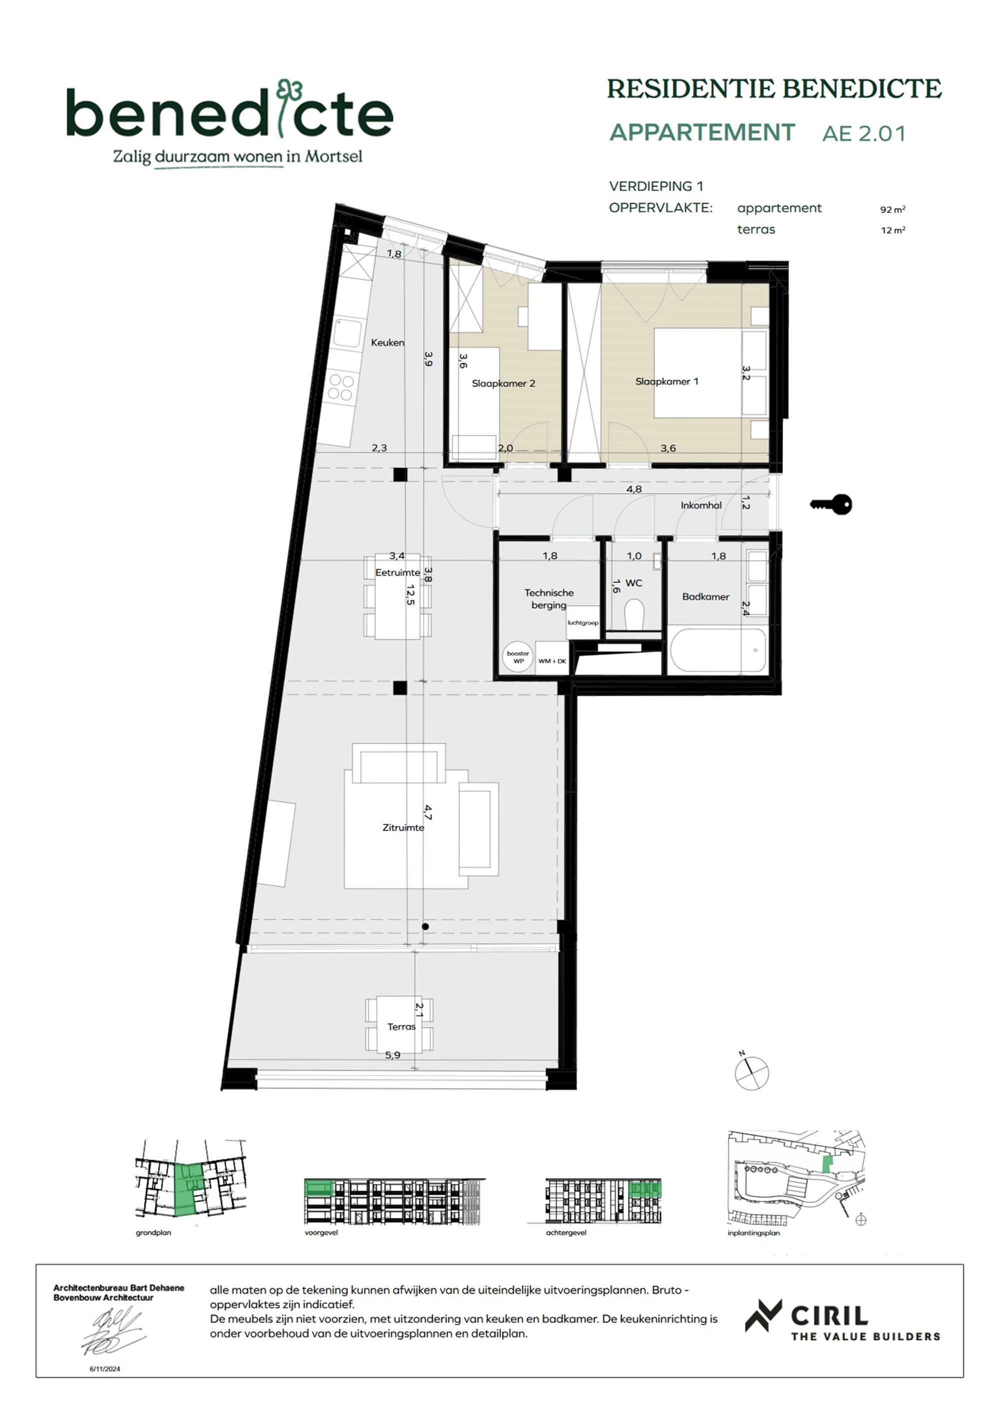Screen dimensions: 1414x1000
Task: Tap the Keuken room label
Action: coord(387,343)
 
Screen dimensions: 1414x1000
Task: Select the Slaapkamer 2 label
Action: coord(503,383)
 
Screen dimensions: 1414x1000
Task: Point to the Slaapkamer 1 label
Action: coord(667,381)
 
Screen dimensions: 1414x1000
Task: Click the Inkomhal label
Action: coord(700,505)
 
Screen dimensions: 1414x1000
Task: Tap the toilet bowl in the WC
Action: coord(633,614)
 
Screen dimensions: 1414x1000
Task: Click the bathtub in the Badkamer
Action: coord(717,650)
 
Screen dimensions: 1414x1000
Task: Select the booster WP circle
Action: coord(518,657)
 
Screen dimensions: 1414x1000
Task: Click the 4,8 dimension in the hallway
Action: coord(633,489)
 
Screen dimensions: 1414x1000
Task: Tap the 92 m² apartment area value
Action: coord(892,210)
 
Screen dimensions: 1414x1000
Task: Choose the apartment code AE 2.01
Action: coord(864,134)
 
